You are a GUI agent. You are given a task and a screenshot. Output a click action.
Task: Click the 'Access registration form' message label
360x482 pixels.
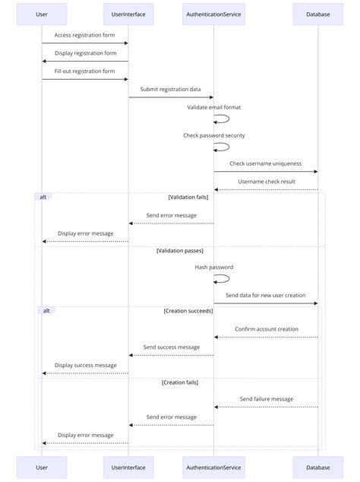pyautogui.click(x=84, y=35)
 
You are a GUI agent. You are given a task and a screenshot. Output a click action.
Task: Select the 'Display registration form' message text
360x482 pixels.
pyautogui.click(x=84, y=53)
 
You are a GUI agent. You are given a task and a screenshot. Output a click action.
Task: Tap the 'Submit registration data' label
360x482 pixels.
pyautogui.click(x=170, y=89)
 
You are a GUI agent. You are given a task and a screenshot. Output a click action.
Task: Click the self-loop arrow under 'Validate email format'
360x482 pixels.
pyautogui.click(x=223, y=119)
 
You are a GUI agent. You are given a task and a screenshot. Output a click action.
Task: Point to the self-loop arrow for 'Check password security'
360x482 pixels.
pyautogui.click(x=223, y=147)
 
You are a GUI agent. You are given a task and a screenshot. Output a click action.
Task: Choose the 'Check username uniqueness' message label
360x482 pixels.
pyautogui.click(x=265, y=163)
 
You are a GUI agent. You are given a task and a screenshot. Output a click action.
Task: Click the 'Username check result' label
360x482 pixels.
pyautogui.click(x=266, y=181)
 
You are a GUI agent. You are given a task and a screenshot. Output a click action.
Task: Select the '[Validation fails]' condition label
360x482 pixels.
pyautogui.click(x=188, y=197)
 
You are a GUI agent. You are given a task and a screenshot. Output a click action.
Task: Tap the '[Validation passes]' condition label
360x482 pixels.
pyautogui.click(x=180, y=250)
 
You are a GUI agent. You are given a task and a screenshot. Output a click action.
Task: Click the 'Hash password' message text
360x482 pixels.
pyautogui.click(x=213, y=267)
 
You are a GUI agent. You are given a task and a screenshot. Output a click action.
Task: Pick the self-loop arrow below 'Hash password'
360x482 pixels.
pyautogui.click(x=223, y=279)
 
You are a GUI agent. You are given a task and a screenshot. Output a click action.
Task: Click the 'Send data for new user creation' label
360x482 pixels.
pyautogui.click(x=265, y=294)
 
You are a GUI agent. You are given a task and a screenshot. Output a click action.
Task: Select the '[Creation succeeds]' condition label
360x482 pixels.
pyautogui.click(x=188, y=311)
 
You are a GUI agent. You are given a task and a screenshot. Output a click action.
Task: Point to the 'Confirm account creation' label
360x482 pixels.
pyautogui.click(x=266, y=329)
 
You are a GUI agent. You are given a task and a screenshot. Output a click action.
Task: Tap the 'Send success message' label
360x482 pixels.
pyautogui.click(x=171, y=347)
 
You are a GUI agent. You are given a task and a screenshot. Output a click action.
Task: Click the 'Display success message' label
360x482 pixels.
pyautogui.click(x=85, y=365)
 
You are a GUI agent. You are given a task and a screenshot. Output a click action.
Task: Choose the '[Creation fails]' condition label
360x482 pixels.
pyautogui.click(x=180, y=382)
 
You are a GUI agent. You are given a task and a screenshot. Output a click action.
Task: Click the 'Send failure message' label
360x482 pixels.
pyautogui.click(x=266, y=398)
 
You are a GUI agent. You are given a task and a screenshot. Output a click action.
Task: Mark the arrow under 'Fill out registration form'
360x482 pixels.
pyautogui.click(x=84, y=79)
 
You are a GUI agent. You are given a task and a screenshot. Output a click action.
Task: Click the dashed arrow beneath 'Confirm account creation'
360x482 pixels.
pyautogui.click(x=266, y=338)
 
